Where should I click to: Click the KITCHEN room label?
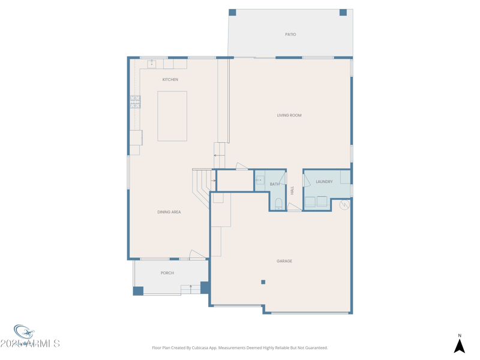(x=170, y=80)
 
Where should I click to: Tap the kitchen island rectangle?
(x=172, y=116)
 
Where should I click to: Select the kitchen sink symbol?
(x=152, y=64)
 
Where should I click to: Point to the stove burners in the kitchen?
(x=135, y=102)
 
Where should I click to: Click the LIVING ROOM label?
(x=289, y=115)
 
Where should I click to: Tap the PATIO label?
(x=290, y=35)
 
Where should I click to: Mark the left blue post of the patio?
(x=232, y=13)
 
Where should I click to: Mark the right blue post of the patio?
(x=343, y=13)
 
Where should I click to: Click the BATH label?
(x=274, y=184)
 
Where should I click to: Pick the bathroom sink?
(x=260, y=180)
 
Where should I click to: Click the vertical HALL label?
(x=292, y=190)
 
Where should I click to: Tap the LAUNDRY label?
(x=324, y=182)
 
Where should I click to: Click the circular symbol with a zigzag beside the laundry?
(x=344, y=205)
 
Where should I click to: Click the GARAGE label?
(x=284, y=262)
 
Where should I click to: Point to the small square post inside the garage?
(x=263, y=282)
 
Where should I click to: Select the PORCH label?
(x=167, y=273)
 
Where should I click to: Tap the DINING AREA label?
(x=169, y=212)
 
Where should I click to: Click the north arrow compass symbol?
(x=460, y=345)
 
